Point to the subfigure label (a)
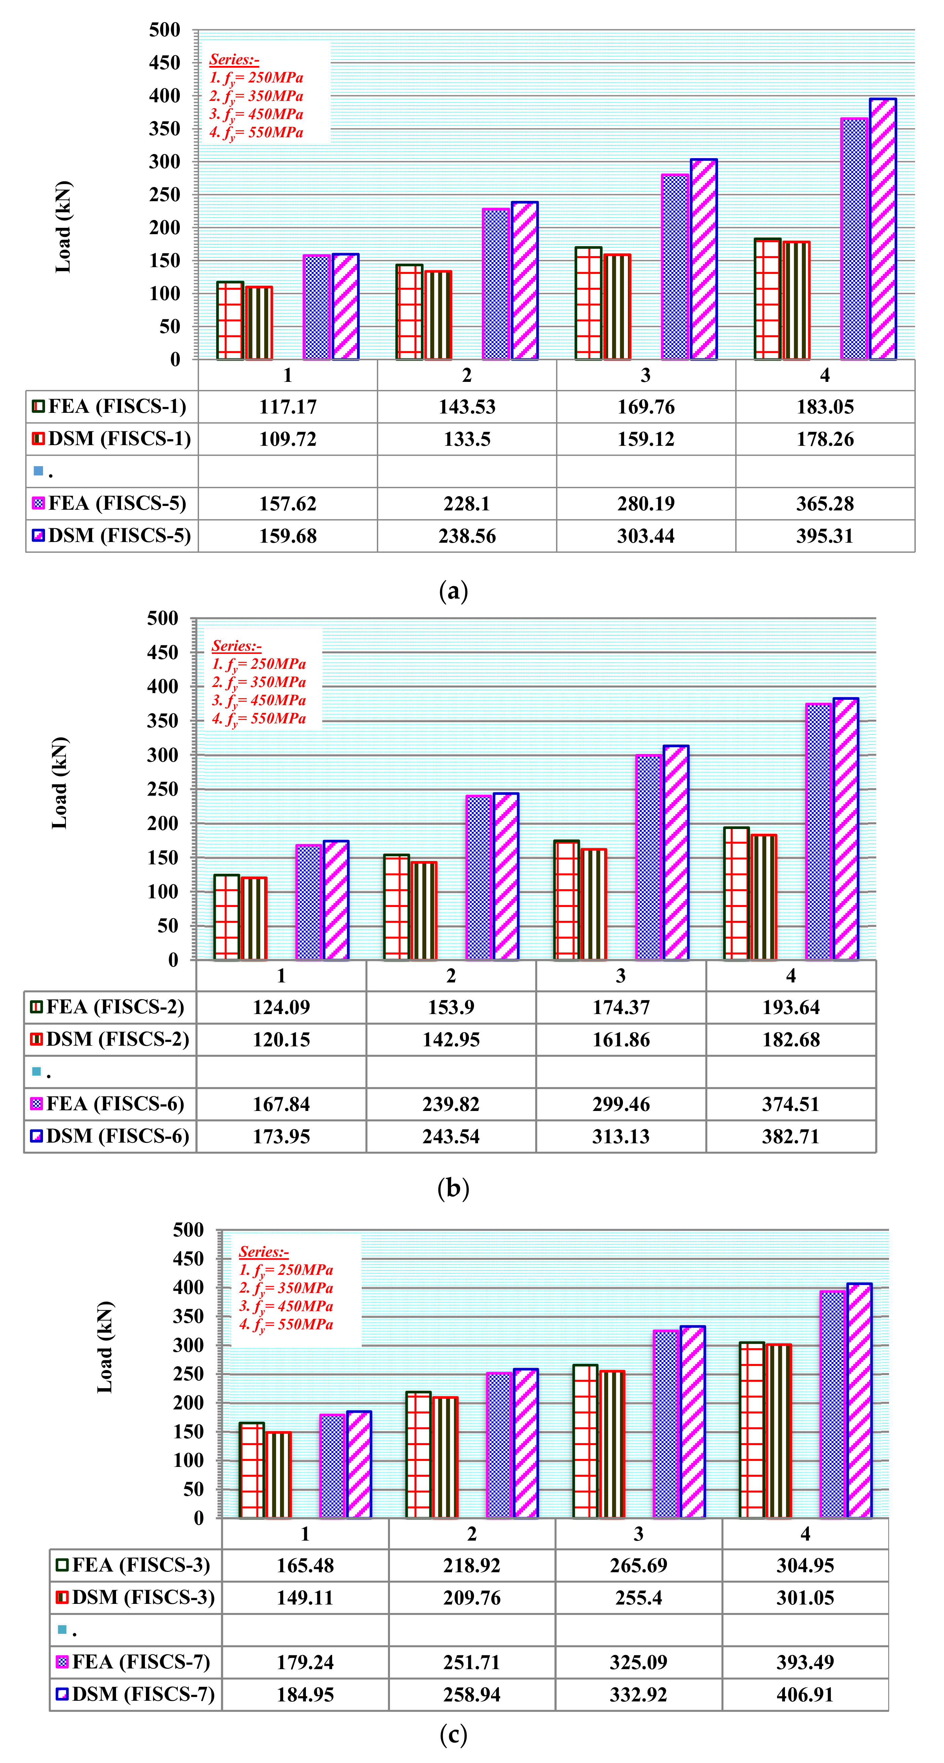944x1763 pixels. tap(453, 590)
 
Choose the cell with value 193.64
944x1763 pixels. tap(791, 1007)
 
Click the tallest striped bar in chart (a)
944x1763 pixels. tap(882, 229)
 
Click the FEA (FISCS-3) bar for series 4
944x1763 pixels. tap(752, 1430)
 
